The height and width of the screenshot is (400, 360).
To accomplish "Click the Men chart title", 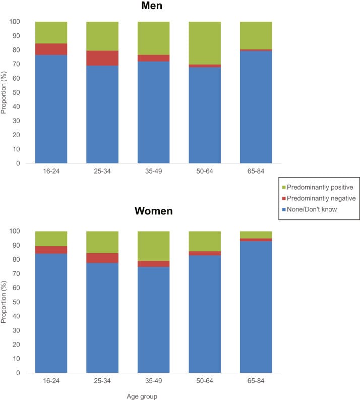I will (x=153, y=7).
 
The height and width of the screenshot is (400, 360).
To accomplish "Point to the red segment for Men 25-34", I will (x=102, y=58).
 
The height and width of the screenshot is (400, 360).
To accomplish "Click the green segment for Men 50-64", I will (x=205, y=43).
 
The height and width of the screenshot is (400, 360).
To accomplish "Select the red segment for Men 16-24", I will (x=51, y=49).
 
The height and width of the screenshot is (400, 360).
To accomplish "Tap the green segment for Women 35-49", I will (x=153, y=246).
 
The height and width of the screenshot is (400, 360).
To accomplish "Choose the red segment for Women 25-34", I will (x=102, y=258).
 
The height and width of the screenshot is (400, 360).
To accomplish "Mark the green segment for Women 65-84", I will (x=256, y=235).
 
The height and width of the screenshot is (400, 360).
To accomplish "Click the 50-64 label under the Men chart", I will (x=205, y=172).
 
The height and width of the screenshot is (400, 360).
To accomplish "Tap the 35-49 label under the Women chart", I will (x=153, y=381).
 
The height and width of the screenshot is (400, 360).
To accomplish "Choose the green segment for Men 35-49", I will (x=153, y=38).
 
